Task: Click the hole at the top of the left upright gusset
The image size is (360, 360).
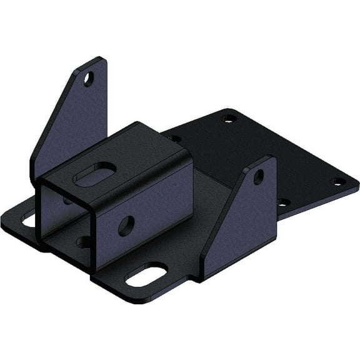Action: (89, 79)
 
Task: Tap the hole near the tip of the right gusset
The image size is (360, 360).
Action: (258, 177)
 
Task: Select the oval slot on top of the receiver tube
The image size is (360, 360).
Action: (95, 174)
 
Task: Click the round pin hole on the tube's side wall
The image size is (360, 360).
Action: (126, 226)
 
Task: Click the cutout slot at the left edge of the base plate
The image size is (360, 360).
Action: (29, 219)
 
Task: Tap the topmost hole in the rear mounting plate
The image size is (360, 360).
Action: (228, 117)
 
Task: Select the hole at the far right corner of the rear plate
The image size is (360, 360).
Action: (338, 181)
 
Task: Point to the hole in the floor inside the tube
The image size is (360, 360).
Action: (84, 241)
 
